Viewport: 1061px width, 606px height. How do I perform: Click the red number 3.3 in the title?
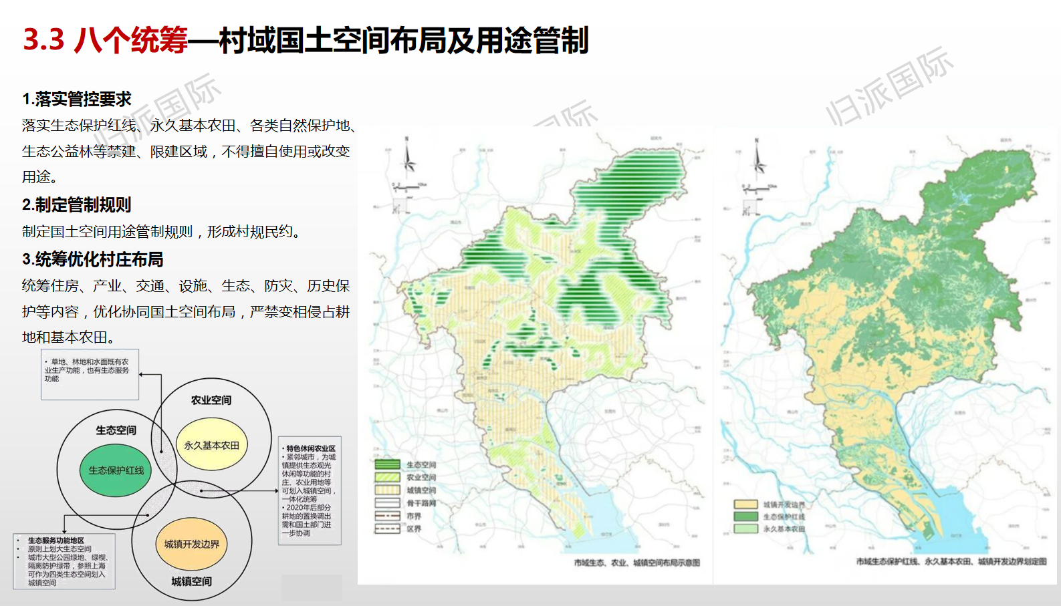point(43,40)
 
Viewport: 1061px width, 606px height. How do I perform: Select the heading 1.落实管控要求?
point(77,100)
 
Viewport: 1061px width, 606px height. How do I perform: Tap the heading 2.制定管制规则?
point(77,204)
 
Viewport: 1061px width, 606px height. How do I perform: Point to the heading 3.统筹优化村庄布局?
point(93,259)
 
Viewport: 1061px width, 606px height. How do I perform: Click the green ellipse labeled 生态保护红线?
point(116,470)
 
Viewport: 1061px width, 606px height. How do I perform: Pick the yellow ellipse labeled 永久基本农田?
point(212,445)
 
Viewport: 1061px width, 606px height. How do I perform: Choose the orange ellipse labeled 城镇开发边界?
point(192,544)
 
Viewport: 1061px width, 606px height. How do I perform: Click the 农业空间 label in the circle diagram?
point(211,400)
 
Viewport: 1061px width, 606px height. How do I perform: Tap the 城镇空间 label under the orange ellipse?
point(191,581)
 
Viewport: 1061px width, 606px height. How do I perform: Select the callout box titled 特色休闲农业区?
point(310,490)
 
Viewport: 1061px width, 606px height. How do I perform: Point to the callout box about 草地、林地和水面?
point(90,374)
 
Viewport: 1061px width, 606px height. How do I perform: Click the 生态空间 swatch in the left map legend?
point(388,464)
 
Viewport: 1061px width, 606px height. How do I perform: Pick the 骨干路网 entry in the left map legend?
point(405,503)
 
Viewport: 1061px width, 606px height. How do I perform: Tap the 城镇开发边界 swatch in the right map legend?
point(746,504)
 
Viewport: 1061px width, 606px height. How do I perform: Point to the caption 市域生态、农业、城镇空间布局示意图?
point(636,563)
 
